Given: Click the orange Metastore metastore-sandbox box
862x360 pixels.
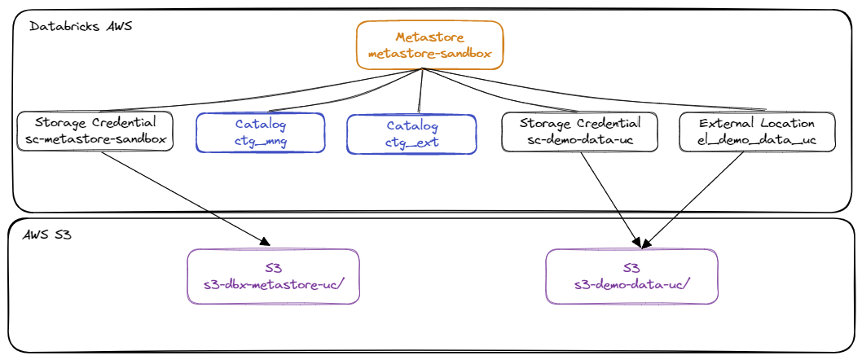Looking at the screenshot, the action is [x=429, y=45].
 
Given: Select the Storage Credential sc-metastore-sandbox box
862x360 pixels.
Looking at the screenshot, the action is [x=95, y=131].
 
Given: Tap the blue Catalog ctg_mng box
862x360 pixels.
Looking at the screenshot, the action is [x=261, y=133].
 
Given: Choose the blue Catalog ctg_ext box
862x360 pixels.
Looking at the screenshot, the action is [x=411, y=134].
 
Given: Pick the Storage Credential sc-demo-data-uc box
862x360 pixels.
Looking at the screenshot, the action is [x=579, y=131].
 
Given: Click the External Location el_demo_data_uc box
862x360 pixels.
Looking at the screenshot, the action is [x=757, y=131].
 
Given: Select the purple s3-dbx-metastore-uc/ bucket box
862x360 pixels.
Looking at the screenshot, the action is [x=274, y=276].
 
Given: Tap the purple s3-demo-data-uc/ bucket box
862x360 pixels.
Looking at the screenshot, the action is [x=631, y=276].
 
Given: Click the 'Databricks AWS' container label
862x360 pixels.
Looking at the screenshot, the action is [x=81, y=26].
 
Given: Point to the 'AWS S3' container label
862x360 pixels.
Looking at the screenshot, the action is [x=47, y=235].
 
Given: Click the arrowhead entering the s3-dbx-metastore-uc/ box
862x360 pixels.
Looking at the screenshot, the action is [x=265, y=241].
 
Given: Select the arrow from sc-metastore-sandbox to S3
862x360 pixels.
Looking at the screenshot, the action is [x=186, y=199].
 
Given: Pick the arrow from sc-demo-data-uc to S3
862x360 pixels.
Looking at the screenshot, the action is [x=610, y=199].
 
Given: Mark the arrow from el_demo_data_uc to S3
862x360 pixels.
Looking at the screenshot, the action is [x=693, y=199].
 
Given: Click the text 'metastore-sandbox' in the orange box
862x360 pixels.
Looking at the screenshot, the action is [x=429, y=54].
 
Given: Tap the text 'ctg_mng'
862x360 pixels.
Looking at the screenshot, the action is [x=261, y=141].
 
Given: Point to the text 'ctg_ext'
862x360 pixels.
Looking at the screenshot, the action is [x=411, y=143].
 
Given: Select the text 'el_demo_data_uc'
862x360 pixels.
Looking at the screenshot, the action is [x=757, y=141].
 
